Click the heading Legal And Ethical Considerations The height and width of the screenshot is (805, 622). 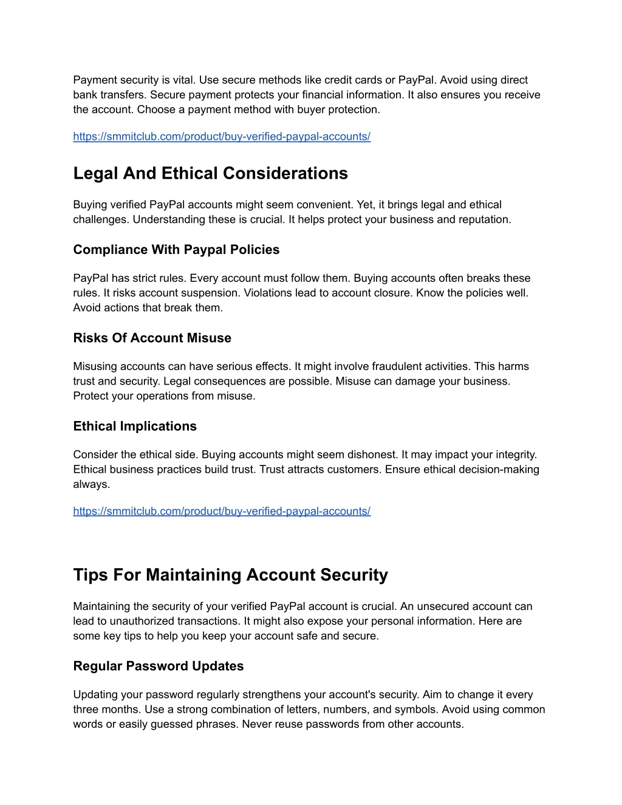[210, 173]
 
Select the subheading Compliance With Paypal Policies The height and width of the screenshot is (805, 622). [176, 250]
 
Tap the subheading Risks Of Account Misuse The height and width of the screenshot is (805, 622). [152, 338]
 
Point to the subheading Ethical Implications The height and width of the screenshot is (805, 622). [135, 426]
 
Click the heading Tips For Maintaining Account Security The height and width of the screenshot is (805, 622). [230, 575]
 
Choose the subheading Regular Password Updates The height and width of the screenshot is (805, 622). [158, 666]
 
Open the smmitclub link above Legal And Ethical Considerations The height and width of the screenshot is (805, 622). [222, 137]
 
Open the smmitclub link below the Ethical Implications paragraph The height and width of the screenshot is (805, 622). [222, 512]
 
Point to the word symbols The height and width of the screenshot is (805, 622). [417, 709]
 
